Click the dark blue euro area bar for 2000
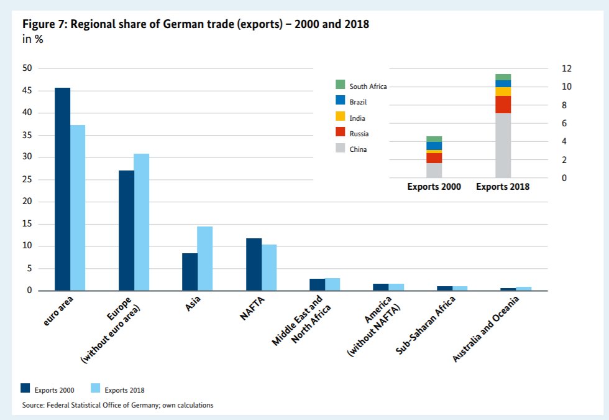click(x=62, y=189)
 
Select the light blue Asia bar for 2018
click(x=205, y=258)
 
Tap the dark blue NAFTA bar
click(x=254, y=264)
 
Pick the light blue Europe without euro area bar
click(x=142, y=222)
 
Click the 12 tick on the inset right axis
click(x=567, y=68)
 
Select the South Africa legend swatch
click(x=340, y=85)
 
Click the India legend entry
click(x=357, y=118)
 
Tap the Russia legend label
click(x=359, y=133)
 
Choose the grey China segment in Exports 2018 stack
click(x=503, y=146)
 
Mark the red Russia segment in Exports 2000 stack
click(x=434, y=158)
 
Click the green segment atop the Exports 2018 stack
click(x=503, y=77)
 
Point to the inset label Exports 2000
click(x=434, y=187)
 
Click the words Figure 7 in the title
click(x=45, y=24)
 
